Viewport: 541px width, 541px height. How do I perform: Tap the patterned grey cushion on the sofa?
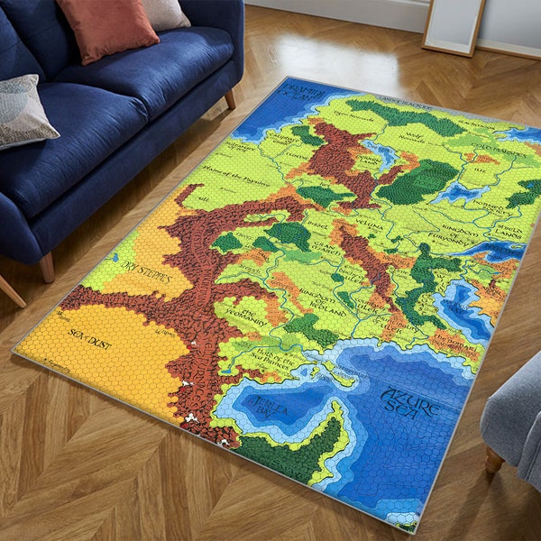coord(24,110)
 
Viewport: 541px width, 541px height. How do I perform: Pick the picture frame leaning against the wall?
coord(454,26)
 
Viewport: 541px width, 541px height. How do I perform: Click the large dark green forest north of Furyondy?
coord(417,181)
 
